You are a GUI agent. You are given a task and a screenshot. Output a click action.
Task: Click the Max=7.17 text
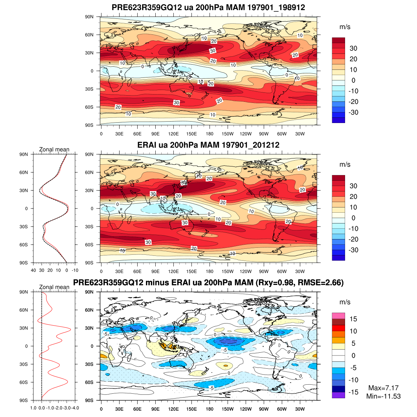pyautogui.click(x=383, y=388)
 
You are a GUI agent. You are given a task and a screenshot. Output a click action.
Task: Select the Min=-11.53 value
pyautogui.click(x=383, y=396)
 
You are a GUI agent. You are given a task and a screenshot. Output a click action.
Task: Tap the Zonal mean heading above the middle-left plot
pyautogui.click(x=54, y=149)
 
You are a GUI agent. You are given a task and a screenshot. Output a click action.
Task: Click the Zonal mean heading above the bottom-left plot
pyautogui.click(x=54, y=287)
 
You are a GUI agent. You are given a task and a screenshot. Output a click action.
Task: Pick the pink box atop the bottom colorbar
pyautogui.click(x=338, y=316)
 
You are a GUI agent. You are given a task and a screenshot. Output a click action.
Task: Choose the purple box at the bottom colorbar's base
pyautogui.click(x=338, y=395)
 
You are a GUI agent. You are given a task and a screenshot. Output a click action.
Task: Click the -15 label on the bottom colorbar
pyautogui.click(x=353, y=392)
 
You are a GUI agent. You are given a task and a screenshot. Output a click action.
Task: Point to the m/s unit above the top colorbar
pyautogui.click(x=345, y=27)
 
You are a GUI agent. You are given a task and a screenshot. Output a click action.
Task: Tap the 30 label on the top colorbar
pyautogui.click(x=353, y=48)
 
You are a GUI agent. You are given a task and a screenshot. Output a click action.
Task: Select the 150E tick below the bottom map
pyautogui.click(x=191, y=409)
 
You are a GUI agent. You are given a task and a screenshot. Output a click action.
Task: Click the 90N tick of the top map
pyautogui.click(x=89, y=17)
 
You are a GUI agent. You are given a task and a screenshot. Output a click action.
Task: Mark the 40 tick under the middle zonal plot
pyautogui.click(x=33, y=270)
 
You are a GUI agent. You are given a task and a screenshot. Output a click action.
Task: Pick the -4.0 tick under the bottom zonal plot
pyautogui.click(x=75, y=408)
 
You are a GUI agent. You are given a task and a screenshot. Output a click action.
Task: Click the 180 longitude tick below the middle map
pyautogui.click(x=210, y=271)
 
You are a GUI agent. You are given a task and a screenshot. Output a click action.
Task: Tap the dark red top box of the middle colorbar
pyautogui.click(x=338, y=178)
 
